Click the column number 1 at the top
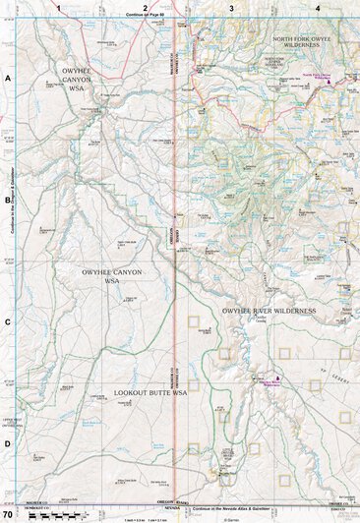point(59,7)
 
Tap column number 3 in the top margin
point(231,7)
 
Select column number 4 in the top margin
point(318,7)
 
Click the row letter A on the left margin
point(7,78)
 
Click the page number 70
point(8,514)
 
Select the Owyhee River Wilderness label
point(269,311)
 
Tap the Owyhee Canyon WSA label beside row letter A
point(76,80)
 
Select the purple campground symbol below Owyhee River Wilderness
point(277,378)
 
